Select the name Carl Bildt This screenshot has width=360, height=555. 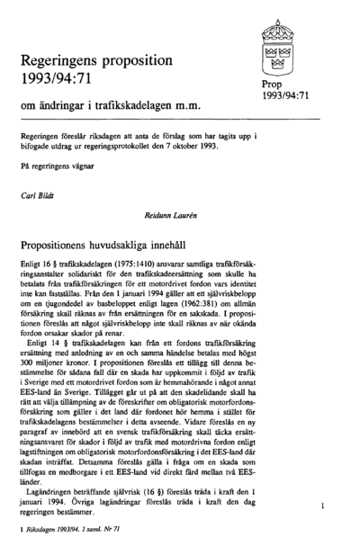(x=38, y=193)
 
